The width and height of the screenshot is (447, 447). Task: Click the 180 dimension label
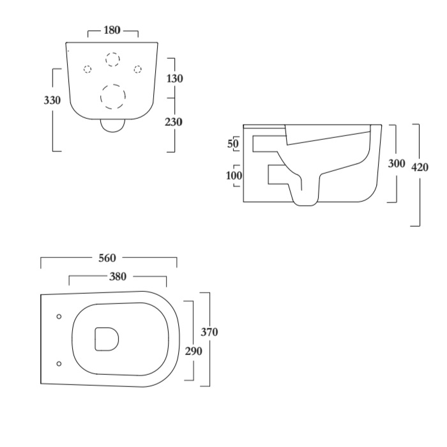pyautogui.click(x=112, y=30)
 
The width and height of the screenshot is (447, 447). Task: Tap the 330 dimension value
pyautogui.click(x=52, y=100)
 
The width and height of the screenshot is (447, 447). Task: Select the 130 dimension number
pyautogui.click(x=174, y=79)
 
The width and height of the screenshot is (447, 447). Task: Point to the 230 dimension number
pyautogui.click(x=174, y=122)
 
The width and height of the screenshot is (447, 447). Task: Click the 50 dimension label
pyautogui.click(x=233, y=144)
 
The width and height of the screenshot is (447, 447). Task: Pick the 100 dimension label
pyautogui.click(x=234, y=176)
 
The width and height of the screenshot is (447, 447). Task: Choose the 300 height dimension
pyautogui.click(x=397, y=163)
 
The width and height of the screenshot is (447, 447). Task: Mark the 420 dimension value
pyautogui.click(x=420, y=167)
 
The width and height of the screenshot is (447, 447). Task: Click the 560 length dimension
pyautogui.click(x=107, y=258)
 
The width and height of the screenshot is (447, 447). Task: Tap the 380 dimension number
pyautogui.click(x=117, y=277)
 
